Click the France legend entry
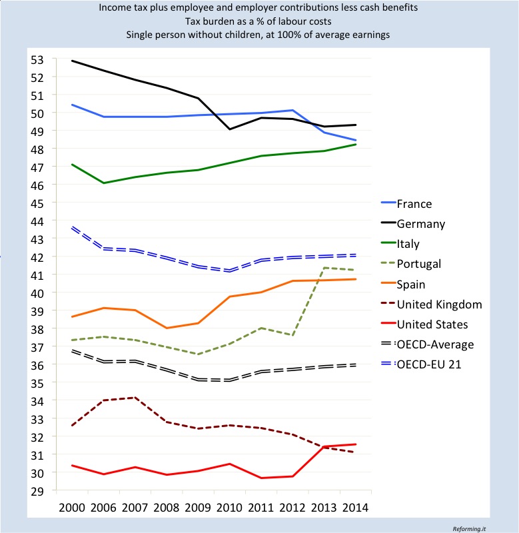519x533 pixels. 406,204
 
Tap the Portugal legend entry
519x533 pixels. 411,264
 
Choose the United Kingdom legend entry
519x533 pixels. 432,304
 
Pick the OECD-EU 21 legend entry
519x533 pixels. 421,364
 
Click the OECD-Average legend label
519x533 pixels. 435,344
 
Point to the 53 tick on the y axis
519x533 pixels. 37,60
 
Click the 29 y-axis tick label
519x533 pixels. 37,491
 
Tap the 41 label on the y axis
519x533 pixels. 37,275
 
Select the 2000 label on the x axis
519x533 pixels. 72,508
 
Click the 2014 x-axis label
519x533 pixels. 356,508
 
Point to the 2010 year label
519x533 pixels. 229,508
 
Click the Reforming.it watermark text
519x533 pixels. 469,528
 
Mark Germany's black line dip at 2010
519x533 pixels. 230,129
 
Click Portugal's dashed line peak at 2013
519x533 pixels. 324,268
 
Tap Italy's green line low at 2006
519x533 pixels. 104,183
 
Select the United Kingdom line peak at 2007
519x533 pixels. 135,397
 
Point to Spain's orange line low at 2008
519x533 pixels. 167,328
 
